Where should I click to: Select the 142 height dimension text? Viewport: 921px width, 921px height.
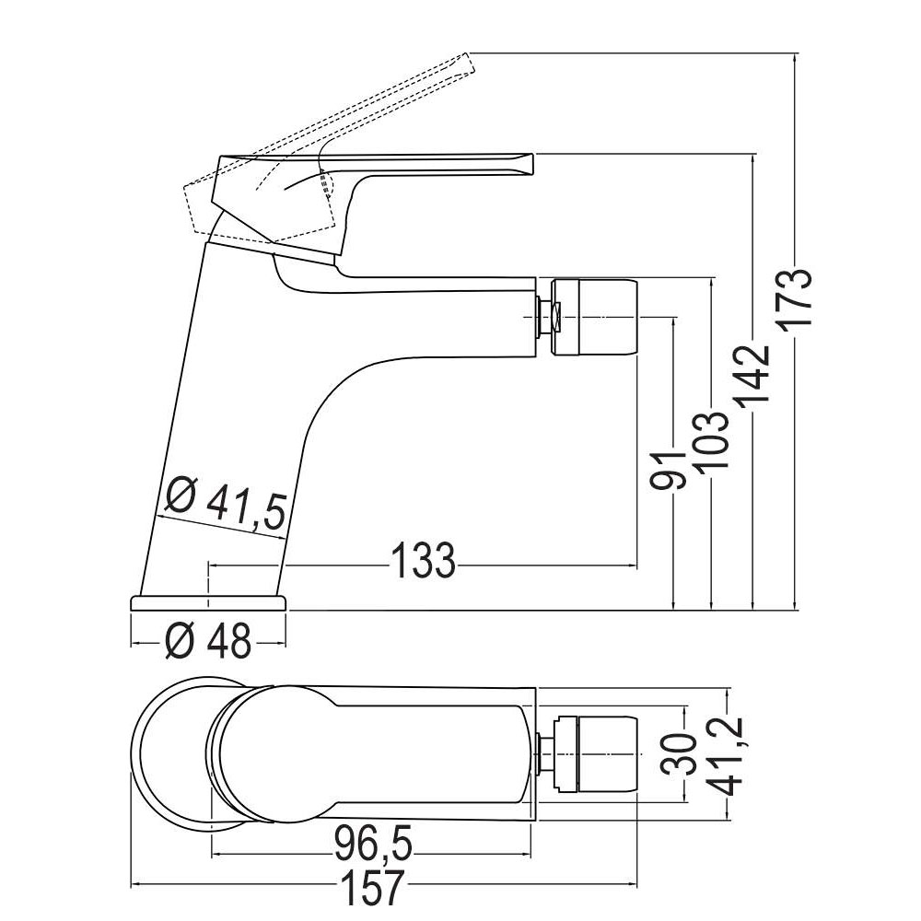click(754, 375)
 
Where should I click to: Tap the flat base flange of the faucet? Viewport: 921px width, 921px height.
click(209, 602)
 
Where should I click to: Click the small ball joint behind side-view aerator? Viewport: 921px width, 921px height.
click(545, 317)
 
